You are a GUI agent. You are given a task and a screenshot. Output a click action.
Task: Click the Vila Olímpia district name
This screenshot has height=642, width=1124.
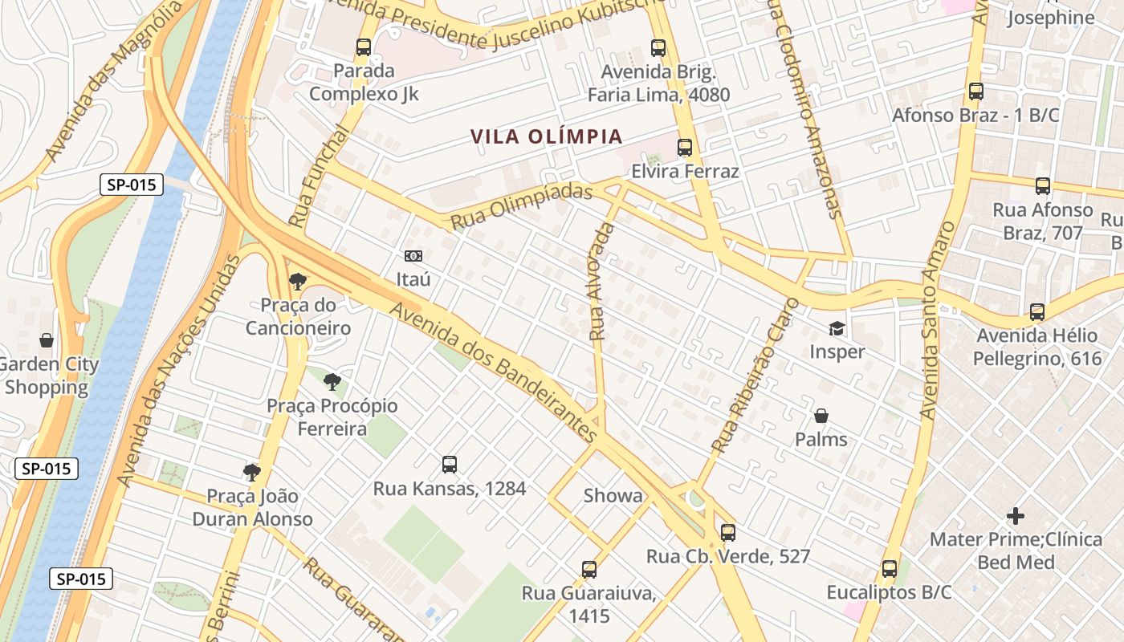pos(547,136)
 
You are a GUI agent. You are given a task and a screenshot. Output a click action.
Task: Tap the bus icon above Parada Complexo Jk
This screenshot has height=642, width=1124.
pos(364,47)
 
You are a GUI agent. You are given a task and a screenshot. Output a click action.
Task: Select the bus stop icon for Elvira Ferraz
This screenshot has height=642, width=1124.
pos(684,148)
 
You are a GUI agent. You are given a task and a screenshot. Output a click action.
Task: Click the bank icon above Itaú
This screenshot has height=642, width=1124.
pos(413,256)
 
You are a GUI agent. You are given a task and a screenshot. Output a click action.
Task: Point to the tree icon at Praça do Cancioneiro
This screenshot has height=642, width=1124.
pos(298,281)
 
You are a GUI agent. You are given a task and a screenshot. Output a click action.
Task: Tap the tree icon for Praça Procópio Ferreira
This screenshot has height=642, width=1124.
pos(332,381)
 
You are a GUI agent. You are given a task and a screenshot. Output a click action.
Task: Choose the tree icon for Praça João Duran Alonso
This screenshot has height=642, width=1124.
pos(252,472)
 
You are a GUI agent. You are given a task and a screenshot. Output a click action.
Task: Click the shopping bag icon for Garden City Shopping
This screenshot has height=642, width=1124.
pos(47,340)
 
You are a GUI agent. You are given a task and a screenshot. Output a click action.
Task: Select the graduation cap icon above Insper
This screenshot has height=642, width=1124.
pos(837,328)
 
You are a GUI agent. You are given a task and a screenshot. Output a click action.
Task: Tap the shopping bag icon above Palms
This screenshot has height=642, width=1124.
pos(821,416)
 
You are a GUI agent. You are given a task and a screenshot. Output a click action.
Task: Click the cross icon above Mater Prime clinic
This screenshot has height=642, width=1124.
pos(1016,515)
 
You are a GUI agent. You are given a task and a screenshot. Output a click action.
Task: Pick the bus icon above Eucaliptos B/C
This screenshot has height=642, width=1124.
pos(889,569)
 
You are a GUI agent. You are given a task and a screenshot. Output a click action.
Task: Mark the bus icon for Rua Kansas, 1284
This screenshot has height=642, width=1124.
pos(450,465)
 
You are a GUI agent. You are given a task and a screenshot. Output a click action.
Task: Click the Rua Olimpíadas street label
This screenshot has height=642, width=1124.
pos(521,206)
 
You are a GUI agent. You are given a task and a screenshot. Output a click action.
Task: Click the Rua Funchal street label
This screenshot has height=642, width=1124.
pos(318,177)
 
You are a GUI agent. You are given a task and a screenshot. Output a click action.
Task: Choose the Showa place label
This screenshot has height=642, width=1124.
pos(613,496)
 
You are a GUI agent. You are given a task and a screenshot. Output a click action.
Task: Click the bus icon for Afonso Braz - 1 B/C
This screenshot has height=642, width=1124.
pos(975,91)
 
